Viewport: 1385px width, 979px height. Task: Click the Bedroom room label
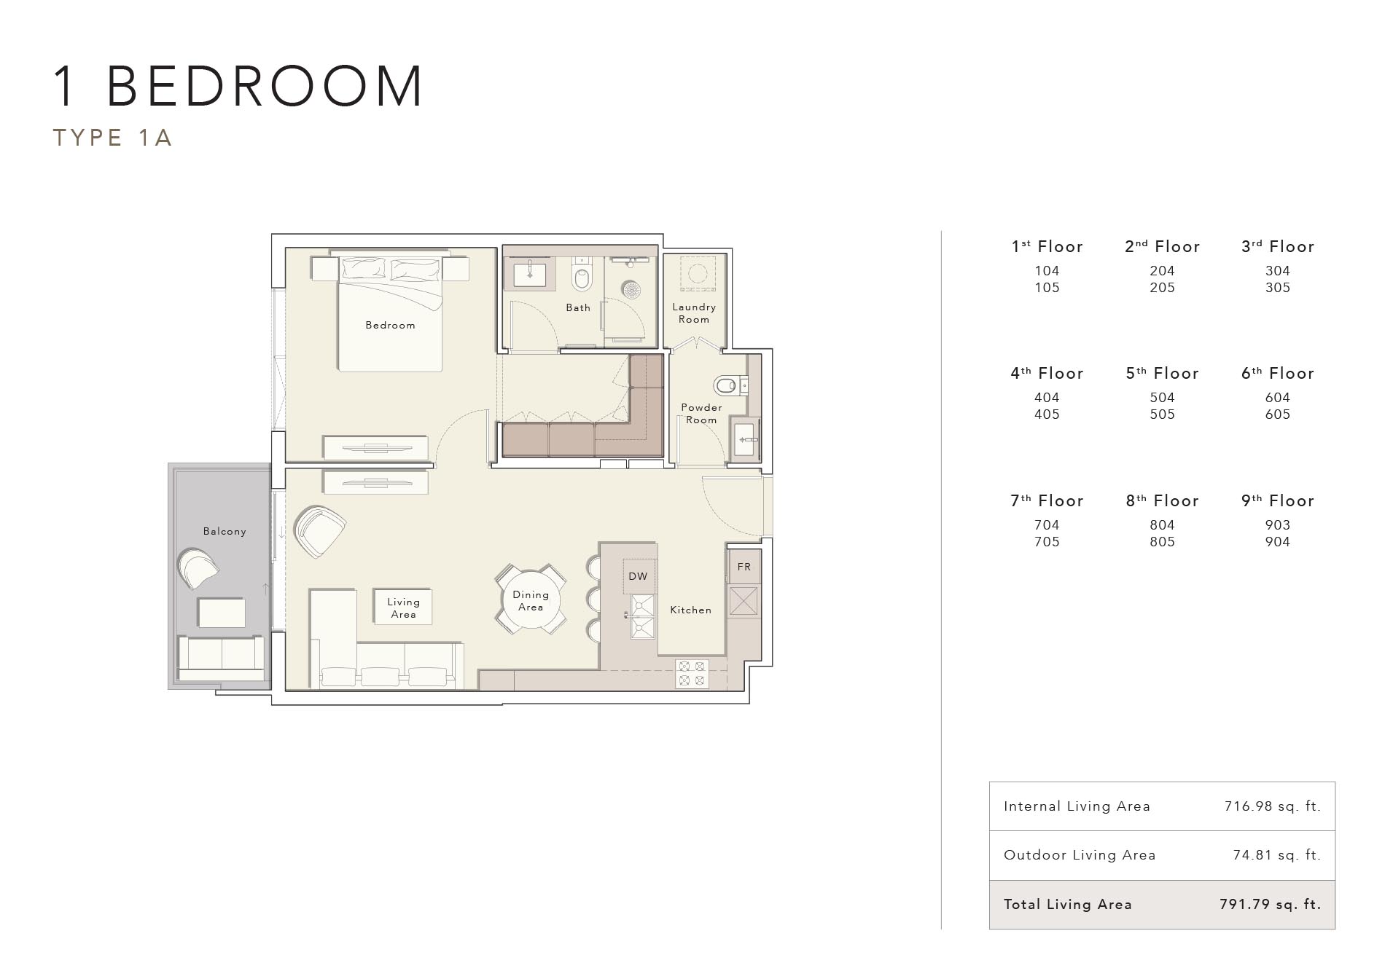390,325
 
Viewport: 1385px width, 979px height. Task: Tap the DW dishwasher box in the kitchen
638,576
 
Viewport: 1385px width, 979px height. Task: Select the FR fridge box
744,567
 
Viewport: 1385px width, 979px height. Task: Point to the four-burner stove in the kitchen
691,673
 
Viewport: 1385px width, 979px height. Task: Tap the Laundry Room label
693,313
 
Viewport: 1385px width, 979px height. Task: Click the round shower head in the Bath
631,289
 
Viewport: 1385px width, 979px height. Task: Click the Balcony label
225,532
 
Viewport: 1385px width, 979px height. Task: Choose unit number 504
1162,398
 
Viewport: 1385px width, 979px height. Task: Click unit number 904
1277,542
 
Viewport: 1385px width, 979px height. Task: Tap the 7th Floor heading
1047,501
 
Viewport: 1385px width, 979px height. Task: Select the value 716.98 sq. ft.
1272,806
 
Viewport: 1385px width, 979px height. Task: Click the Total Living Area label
1067,905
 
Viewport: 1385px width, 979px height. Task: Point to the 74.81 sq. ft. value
1276,855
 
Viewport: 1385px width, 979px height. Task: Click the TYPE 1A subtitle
112,138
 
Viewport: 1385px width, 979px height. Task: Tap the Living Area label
403,608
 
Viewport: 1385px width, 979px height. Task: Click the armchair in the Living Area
319,531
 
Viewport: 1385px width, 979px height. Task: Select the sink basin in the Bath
529,275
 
